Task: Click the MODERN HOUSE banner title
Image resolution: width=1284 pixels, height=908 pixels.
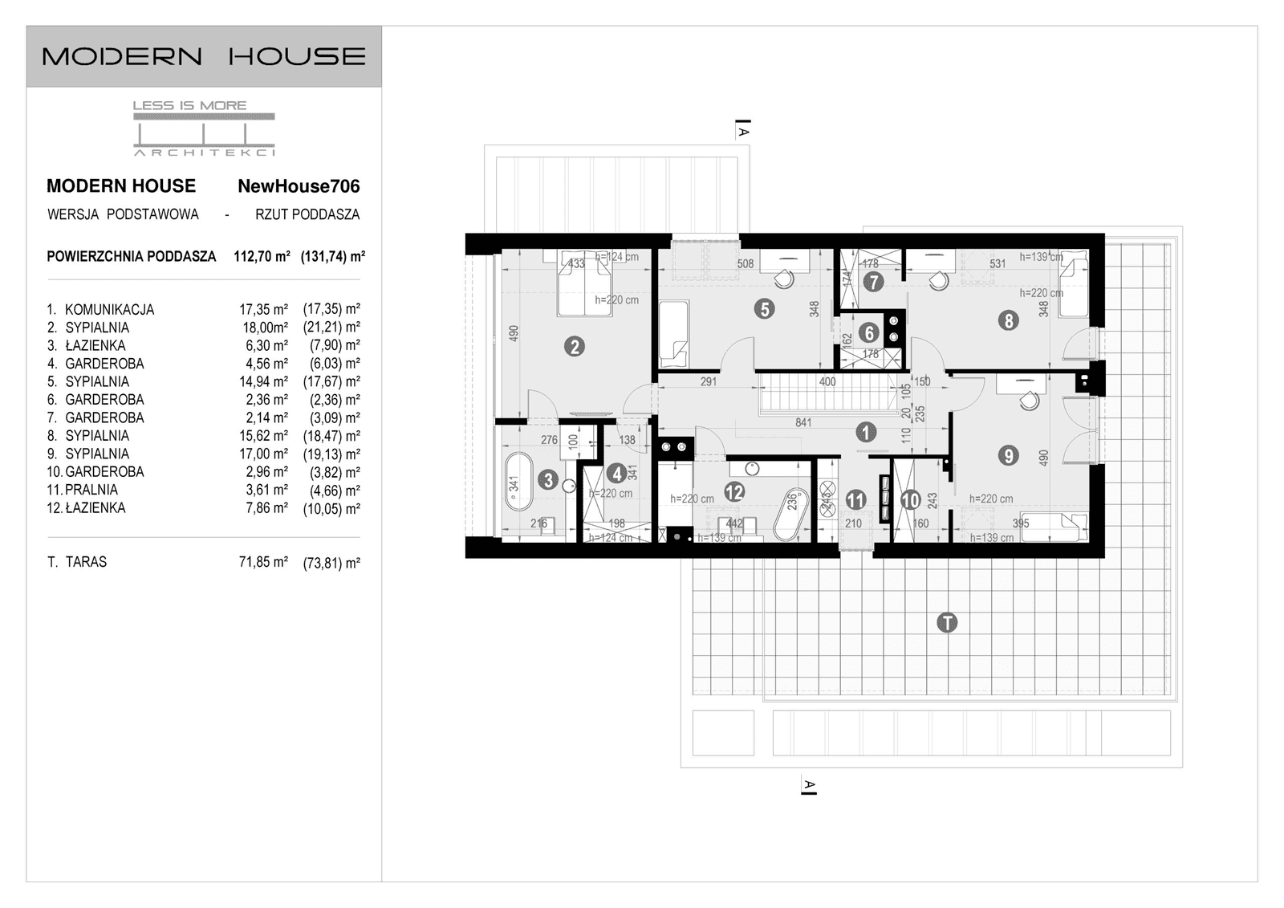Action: pyautogui.click(x=204, y=56)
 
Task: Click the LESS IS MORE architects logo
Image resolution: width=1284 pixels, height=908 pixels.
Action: pyautogui.click(x=204, y=128)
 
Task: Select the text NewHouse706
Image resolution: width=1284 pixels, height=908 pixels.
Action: pyautogui.click(x=299, y=186)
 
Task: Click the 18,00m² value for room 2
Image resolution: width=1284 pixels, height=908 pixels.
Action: pyautogui.click(x=265, y=328)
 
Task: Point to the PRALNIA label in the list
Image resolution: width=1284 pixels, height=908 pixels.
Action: pyautogui.click(x=91, y=490)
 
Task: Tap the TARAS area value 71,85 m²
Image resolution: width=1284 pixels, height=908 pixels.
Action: pyautogui.click(x=263, y=562)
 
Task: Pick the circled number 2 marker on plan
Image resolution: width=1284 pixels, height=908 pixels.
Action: pyautogui.click(x=574, y=347)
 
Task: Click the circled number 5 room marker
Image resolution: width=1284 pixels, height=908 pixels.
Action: pyautogui.click(x=764, y=308)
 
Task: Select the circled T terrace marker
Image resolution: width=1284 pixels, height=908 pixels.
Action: pyautogui.click(x=947, y=622)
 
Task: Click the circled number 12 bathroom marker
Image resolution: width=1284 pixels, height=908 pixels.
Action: pyautogui.click(x=733, y=491)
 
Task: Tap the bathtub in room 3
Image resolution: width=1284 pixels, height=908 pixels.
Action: pyautogui.click(x=518, y=482)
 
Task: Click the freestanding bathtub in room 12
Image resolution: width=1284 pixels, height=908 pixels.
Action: pyautogui.click(x=791, y=514)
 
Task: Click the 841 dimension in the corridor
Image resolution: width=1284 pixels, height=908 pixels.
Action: pyautogui.click(x=803, y=422)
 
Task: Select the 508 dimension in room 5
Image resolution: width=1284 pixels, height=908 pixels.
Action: pyautogui.click(x=745, y=263)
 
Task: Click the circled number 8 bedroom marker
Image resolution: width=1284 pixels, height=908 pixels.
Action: pyautogui.click(x=1008, y=320)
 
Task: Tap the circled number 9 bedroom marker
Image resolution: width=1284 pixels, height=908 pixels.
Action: pyautogui.click(x=1008, y=455)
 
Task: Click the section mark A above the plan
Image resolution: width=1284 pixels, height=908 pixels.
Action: pyautogui.click(x=743, y=130)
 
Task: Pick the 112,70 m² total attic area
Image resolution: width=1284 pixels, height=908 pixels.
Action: pyautogui.click(x=262, y=257)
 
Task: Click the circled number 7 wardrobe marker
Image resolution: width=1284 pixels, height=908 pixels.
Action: pyautogui.click(x=873, y=282)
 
